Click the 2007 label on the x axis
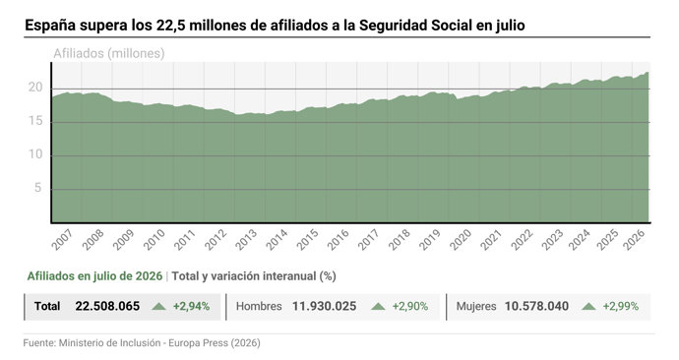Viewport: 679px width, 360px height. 62,240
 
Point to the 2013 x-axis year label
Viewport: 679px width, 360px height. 246,240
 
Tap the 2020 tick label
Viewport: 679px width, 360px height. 461,240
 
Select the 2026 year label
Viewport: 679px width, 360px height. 634,240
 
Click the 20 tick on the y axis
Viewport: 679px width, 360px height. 35,88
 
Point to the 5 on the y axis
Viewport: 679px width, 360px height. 38,188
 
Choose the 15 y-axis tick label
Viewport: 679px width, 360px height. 35,121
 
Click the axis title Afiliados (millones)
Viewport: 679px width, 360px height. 108,54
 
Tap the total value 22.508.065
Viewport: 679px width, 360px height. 107,306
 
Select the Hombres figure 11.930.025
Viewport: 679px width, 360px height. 324,306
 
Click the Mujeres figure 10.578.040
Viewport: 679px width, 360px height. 536,306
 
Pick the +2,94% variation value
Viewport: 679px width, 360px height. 192,306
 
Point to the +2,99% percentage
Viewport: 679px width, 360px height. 621,306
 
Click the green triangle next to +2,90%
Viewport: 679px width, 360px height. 378,306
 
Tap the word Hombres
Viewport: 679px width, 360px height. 259,306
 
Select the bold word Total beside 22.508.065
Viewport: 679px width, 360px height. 47,306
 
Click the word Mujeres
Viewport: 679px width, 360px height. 476,307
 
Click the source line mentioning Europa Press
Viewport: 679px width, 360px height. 142,343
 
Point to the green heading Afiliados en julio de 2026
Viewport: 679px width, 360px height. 94,276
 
